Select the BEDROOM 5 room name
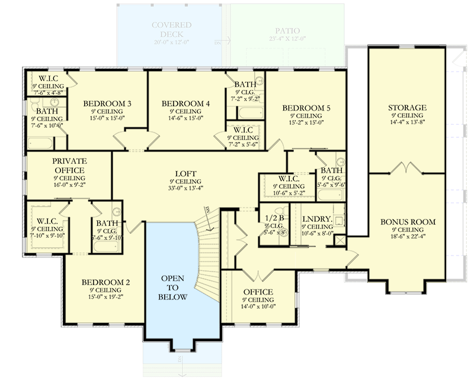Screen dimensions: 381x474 pos(306,108)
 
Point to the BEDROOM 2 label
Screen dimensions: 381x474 pos(105,282)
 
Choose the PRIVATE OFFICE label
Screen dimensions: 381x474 pos(69,165)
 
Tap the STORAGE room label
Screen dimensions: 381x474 pos(407,108)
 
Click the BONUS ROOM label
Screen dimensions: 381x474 pos(408,222)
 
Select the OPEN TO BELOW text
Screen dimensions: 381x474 pos(172,288)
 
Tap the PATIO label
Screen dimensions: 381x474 pos(288,31)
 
